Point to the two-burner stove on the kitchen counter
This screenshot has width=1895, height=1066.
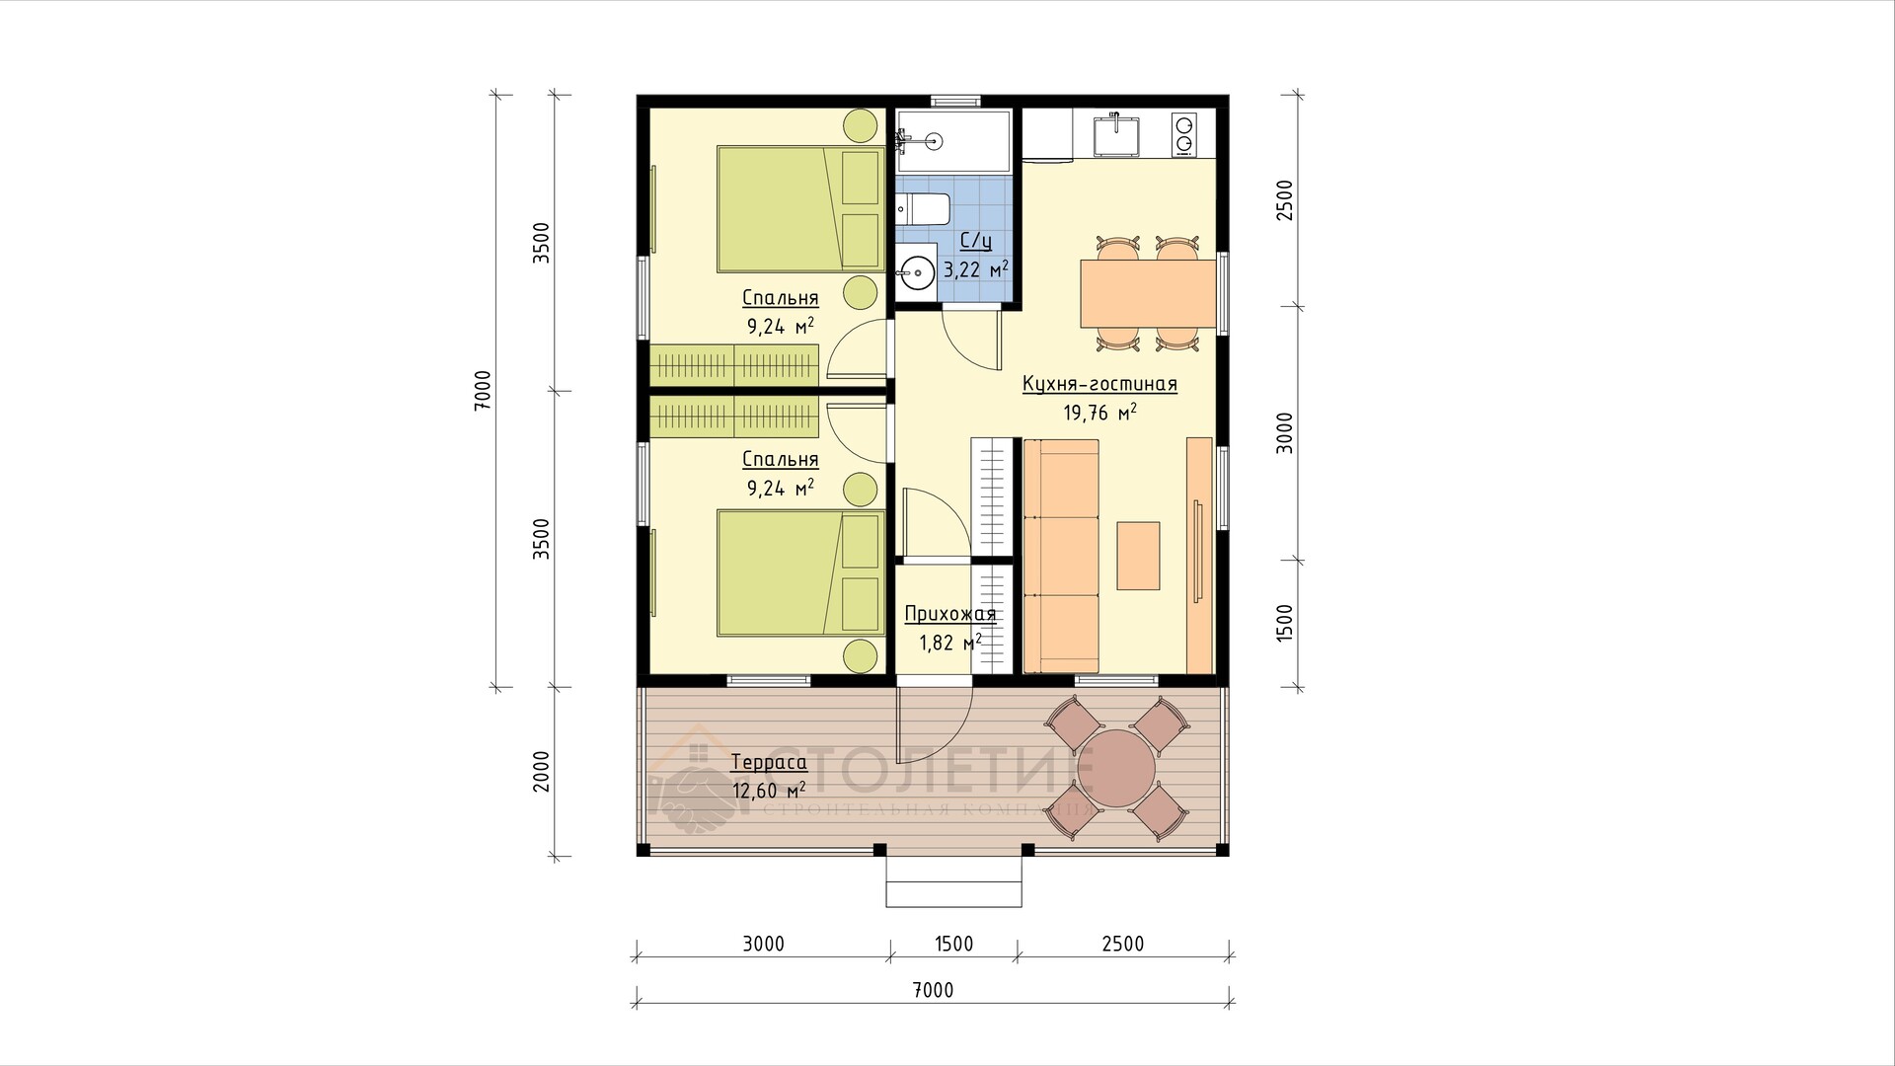click(x=1183, y=135)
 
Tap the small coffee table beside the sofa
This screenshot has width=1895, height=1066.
click(x=1138, y=556)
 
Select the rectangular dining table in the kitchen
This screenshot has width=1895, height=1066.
click(x=1148, y=293)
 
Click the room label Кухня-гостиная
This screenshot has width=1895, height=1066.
click(x=1099, y=384)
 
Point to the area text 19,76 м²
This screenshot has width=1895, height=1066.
click(x=1099, y=413)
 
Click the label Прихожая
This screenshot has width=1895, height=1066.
click(x=950, y=614)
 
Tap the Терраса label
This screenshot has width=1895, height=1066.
click(x=769, y=762)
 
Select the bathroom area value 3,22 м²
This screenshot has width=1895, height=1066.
click(x=976, y=269)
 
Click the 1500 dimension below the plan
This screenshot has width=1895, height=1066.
click(x=953, y=944)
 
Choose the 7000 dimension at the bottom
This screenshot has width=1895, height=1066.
click(x=933, y=990)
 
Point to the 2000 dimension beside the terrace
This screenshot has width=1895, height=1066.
click(x=541, y=772)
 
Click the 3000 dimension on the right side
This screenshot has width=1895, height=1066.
click(x=1283, y=432)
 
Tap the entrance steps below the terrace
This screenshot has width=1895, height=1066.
click(x=953, y=880)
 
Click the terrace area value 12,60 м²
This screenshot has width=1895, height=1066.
click(x=769, y=791)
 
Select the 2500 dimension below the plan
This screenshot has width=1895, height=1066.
click(x=1122, y=944)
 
